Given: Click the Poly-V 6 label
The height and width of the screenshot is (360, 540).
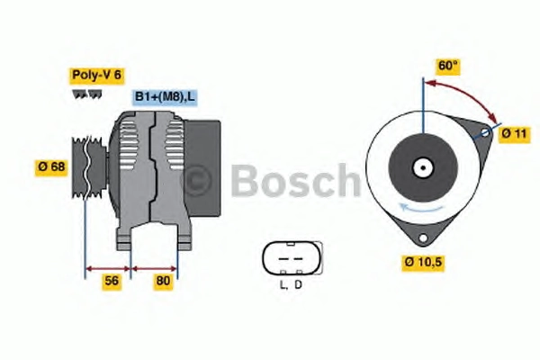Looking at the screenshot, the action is [97, 76].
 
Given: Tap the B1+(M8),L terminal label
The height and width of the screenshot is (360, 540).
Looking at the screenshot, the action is [165, 97].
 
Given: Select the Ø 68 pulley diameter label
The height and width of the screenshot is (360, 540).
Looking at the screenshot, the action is [51, 167].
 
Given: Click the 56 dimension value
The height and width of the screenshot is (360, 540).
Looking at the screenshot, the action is [112, 281].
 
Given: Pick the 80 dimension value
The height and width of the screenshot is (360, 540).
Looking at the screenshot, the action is [163, 281].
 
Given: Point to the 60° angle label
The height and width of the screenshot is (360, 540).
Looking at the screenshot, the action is [447, 66].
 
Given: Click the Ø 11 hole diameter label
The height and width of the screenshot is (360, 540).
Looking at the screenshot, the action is [514, 134].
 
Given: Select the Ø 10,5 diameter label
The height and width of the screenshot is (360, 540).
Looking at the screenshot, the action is [423, 263].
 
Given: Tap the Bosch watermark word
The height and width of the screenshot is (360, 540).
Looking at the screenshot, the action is [295, 181].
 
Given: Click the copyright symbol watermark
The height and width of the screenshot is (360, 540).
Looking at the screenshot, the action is [195, 181].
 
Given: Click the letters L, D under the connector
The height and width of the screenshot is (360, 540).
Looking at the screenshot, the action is [292, 285].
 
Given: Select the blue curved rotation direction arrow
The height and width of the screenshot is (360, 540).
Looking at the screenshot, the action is [421, 208].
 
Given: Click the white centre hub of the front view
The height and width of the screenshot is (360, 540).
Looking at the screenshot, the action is [423, 168].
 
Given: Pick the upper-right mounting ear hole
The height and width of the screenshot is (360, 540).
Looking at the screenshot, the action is [485, 132].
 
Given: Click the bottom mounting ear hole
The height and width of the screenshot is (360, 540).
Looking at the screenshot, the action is [423, 238].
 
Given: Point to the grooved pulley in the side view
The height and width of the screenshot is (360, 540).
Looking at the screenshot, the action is [87, 167].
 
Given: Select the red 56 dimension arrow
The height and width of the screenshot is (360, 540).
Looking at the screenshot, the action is [108, 269].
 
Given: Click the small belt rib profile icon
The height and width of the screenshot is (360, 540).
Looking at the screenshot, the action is [87, 94].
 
